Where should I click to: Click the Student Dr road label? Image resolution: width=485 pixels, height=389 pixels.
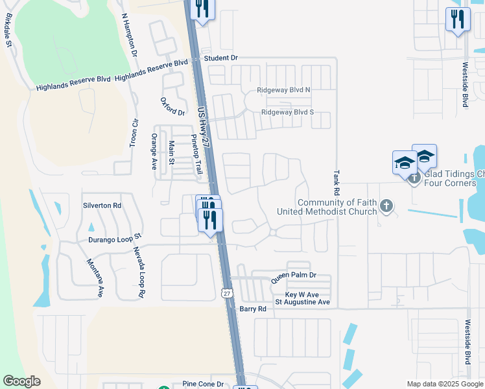coord(220,58)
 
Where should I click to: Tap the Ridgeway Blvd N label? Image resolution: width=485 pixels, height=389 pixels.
coord(284,89)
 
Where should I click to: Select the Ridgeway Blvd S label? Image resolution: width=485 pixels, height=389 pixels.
coord(287,112)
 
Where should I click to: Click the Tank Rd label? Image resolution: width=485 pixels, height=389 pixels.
coord(337,183)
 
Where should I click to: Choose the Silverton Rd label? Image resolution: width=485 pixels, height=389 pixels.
coord(102,206)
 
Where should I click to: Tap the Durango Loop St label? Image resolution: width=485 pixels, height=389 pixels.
coord(115,239)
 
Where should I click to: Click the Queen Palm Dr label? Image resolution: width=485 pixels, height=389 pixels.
coord(293,276)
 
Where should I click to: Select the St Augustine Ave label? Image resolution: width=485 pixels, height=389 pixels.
coord(303,302)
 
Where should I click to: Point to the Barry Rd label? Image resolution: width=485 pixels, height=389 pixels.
coord(253,309)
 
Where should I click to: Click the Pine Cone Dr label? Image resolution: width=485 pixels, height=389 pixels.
coord(202,384)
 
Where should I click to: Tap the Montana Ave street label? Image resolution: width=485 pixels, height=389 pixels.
coord(95,278)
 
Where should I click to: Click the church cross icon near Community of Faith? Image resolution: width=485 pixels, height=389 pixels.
coord(386,206)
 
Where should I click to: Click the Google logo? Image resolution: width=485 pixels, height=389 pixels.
coord(21,381)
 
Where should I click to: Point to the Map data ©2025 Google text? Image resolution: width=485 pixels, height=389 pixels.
coord(444,384)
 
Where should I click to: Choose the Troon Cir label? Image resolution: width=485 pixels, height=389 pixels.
coord(135,131)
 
